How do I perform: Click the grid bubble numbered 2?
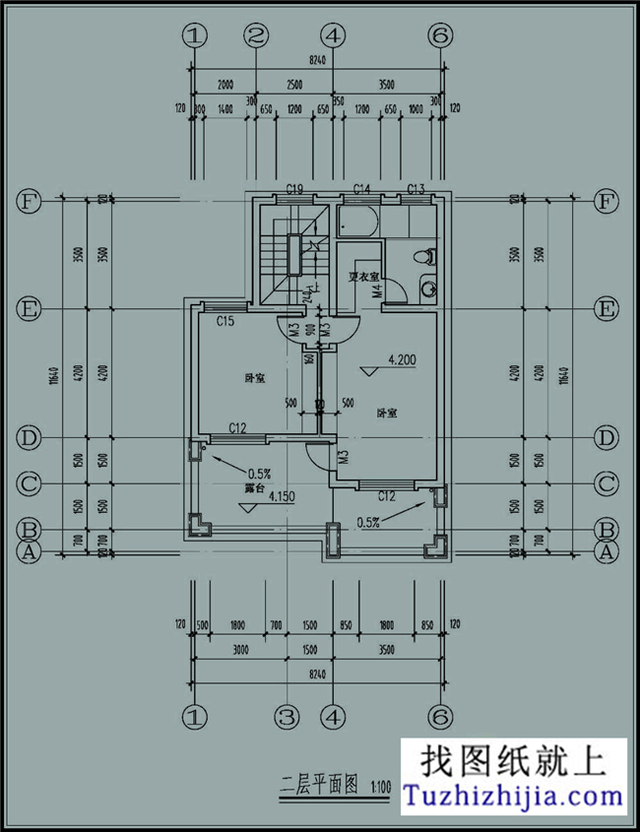257,36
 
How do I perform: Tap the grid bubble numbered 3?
287,716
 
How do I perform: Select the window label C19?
293,188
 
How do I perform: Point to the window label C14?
361,188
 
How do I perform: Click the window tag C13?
416,188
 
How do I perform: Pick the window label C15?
225,321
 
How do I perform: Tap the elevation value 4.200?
402,360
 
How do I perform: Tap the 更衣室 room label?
365,275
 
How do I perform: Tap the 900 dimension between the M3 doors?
309,332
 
